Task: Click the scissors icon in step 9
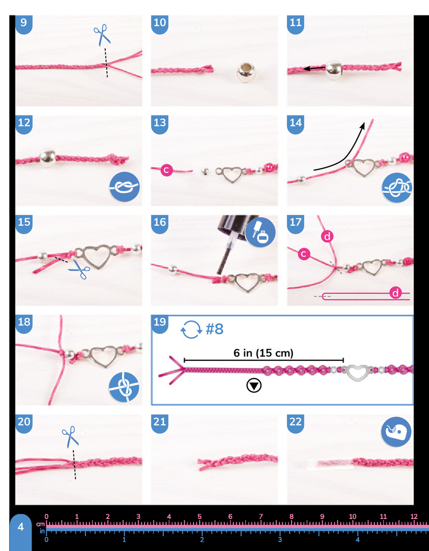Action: [102, 35]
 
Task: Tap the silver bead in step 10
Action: [246, 72]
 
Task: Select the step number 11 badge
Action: [296, 24]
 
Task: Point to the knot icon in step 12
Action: [125, 187]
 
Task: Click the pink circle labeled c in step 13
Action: [167, 170]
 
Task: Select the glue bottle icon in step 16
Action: [260, 232]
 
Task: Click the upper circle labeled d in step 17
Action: [328, 237]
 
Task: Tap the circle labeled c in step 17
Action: [304, 253]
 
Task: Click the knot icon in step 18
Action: [124, 387]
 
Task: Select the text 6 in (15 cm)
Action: [264, 353]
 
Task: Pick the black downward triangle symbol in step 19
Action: [254, 386]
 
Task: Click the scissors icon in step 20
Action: [71, 436]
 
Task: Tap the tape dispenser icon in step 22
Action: [396, 432]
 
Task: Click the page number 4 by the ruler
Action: [21, 527]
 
